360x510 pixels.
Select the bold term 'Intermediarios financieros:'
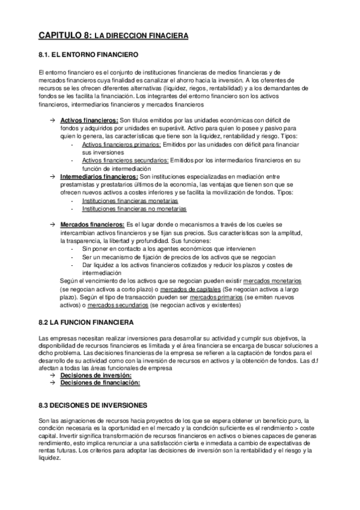(100, 176)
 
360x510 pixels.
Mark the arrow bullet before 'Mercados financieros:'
(53, 224)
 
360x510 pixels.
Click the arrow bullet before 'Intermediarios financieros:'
(53, 176)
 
